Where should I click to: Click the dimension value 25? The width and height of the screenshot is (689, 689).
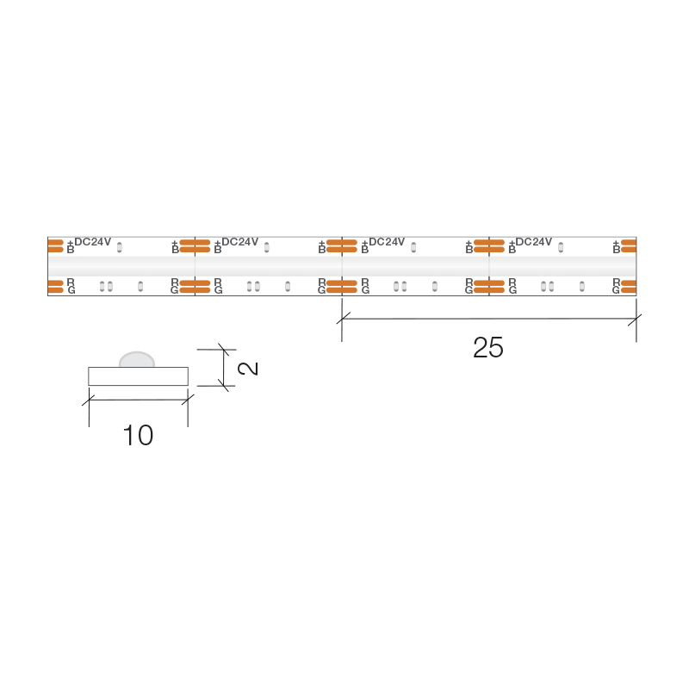pyautogui.click(x=487, y=348)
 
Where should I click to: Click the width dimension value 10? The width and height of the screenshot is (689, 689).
pyautogui.click(x=138, y=436)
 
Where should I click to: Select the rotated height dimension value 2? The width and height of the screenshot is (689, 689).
pyautogui.click(x=248, y=369)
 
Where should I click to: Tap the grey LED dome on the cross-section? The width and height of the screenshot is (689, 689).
pyautogui.click(x=137, y=359)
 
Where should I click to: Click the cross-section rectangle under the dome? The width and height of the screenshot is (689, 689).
pyautogui.click(x=138, y=376)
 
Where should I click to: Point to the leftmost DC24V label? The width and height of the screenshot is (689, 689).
pyautogui.click(x=93, y=242)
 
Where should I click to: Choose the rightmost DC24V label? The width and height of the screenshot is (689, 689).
pyautogui.click(x=533, y=242)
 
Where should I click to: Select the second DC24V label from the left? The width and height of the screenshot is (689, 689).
pyautogui.click(x=240, y=242)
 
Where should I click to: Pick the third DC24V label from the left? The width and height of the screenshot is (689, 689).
pyautogui.click(x=387, y=242)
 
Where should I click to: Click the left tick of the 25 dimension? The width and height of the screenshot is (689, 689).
pyautogui.click(x=342, y=318)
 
